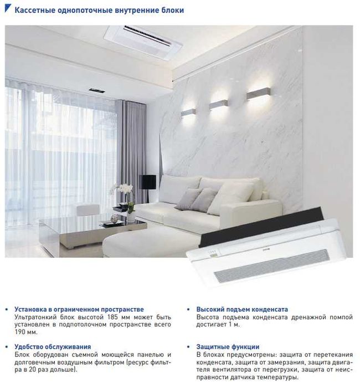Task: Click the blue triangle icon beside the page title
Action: tap(7, 10)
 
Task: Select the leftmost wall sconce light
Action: tap(188, 112)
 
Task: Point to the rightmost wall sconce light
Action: tap(257, 92)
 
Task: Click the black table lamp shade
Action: tap(147, 181)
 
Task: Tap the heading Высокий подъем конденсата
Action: tap(243, 309)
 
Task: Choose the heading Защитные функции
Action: tap(228, 346)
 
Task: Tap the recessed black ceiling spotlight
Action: tap(95, 90)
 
